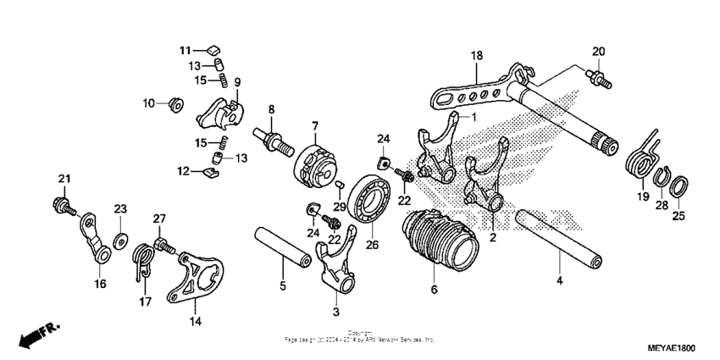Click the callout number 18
(477, 56)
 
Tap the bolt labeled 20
(600, 78)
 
